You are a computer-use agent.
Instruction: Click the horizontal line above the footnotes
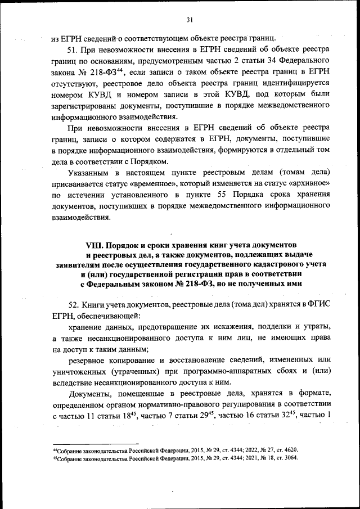pyautogui.click(x=95, y=443)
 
